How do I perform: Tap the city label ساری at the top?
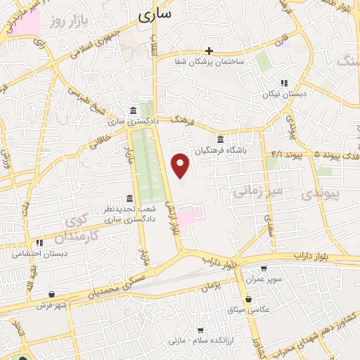click(155, 13)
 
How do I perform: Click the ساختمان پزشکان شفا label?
click(210, 62)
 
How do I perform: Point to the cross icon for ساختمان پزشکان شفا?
click(209, 51)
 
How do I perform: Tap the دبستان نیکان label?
click(281, 94)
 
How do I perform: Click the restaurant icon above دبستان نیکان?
click(284, 82)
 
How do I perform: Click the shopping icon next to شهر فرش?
click(52, 295)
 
